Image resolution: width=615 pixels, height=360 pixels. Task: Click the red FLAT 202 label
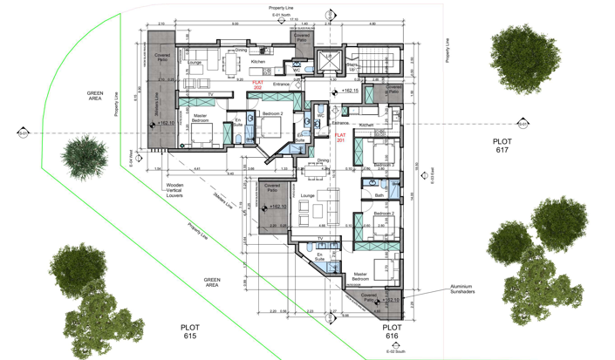click(x=257, y=85)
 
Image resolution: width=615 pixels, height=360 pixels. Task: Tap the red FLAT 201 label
click(x=341, y=138)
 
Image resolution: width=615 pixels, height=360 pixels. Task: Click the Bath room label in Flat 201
click(x=379, y=195)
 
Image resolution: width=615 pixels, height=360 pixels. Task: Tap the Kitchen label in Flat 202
click(x=258, y=62)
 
